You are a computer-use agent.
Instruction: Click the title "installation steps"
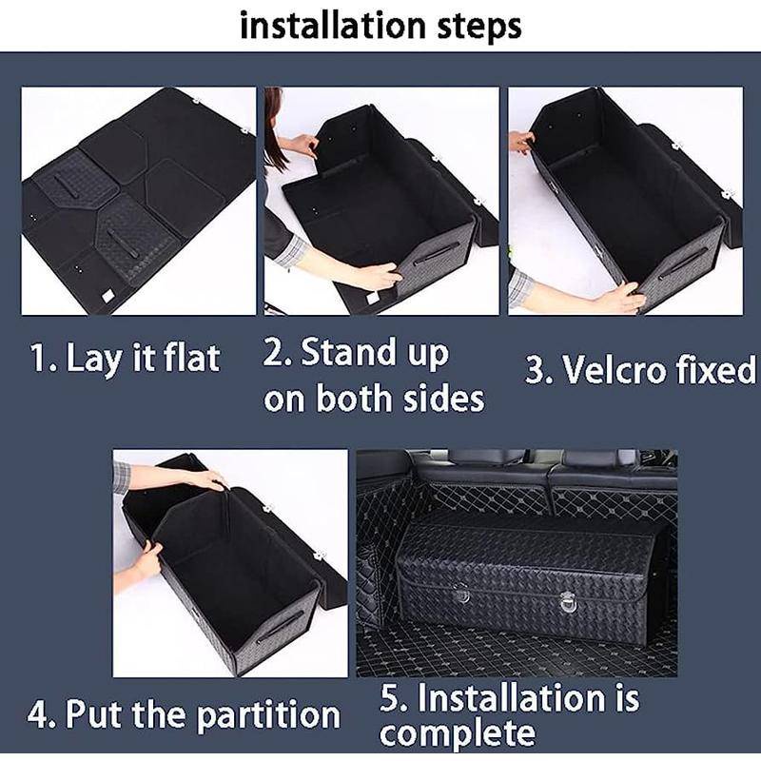[380, 27]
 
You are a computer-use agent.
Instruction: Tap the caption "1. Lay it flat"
[126, 359]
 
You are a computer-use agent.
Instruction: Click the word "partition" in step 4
[269, 715]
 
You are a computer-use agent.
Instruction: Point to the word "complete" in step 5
[458, 733]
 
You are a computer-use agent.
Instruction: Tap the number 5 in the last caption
[390, 698]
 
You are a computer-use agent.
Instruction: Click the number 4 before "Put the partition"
[36, 714]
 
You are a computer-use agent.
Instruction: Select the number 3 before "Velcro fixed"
[536, 371]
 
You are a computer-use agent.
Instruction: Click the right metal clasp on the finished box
[566, 599]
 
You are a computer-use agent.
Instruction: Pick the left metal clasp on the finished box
[461, 593]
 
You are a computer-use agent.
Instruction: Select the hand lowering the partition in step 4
[209, 479]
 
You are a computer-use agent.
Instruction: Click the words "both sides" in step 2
[400, 399]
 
